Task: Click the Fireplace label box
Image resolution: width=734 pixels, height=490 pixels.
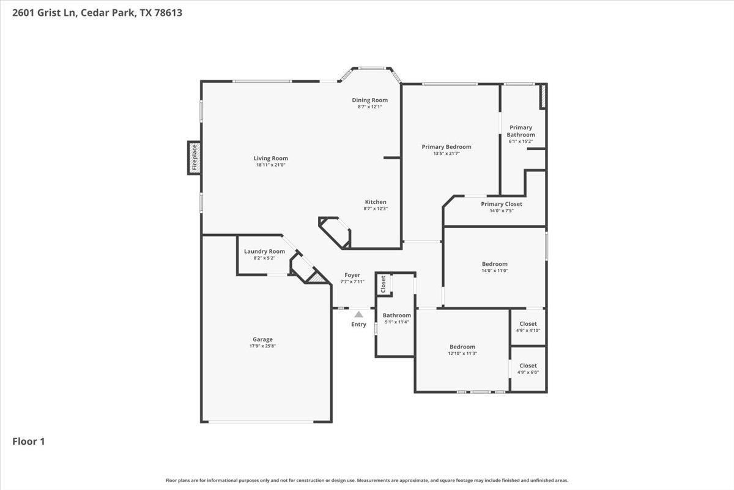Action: [195, 157]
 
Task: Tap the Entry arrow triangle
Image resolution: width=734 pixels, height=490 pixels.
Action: [359, 314]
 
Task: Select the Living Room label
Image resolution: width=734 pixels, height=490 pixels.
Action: [270, 158]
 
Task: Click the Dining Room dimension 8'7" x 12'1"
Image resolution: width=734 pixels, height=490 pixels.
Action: [369, 107]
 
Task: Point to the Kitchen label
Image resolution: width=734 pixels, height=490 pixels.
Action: [376, 202]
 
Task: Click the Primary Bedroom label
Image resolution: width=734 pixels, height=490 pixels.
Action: [447, 147]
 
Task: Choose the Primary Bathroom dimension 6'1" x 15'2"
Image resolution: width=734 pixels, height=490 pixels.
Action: [521, 141]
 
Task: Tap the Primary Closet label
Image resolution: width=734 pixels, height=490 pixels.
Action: [502, 204]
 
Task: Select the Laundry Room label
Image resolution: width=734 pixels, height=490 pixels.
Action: [264, 251]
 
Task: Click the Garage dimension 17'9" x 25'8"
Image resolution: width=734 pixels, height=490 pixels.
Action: [263, 347]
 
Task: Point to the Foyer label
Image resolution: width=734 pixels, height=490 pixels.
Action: [352, 275]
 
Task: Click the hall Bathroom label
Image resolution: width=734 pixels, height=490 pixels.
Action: [397, 315]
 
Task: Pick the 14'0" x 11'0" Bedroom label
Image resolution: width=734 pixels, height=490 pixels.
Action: [494, 264]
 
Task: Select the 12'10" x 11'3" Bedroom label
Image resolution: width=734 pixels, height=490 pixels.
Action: [462, 347]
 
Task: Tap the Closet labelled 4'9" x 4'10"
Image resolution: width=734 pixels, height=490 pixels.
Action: [528, 324]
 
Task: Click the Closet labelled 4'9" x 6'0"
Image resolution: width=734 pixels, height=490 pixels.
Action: [528, 366]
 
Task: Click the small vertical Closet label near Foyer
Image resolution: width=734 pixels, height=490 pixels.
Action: [384, 283]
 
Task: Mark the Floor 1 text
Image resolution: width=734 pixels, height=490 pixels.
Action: [29, 441]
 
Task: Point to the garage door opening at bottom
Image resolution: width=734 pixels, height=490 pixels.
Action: [261, 421]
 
